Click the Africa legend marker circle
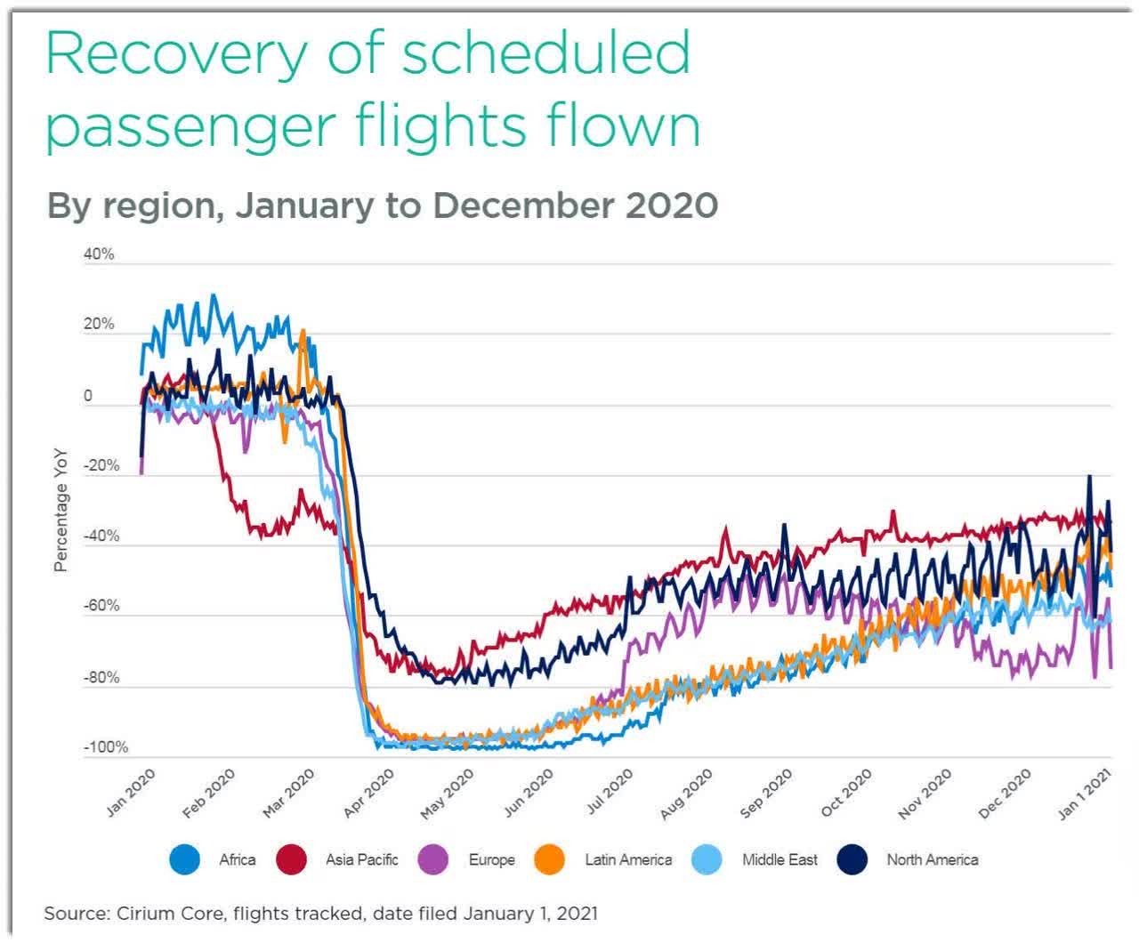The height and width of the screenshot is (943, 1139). tap(185, 859)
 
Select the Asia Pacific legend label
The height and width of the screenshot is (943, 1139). tap(361, 859)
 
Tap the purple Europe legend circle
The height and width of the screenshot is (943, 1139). tap(432, 859)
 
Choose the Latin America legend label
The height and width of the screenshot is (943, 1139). tap(627, 859)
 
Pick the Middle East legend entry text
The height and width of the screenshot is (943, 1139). tap(780, 859)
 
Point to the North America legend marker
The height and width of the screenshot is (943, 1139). tap(852, 859)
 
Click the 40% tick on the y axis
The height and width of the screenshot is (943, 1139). tap(99, 254)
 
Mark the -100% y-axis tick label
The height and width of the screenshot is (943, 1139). tap(106, 747)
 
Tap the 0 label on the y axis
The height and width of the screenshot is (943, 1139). tap(88, 396)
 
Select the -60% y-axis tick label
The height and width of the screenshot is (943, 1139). tap(101, 607)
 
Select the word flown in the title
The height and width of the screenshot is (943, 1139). tap(623, 127)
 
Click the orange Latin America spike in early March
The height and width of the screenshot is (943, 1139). tap(303, 335)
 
